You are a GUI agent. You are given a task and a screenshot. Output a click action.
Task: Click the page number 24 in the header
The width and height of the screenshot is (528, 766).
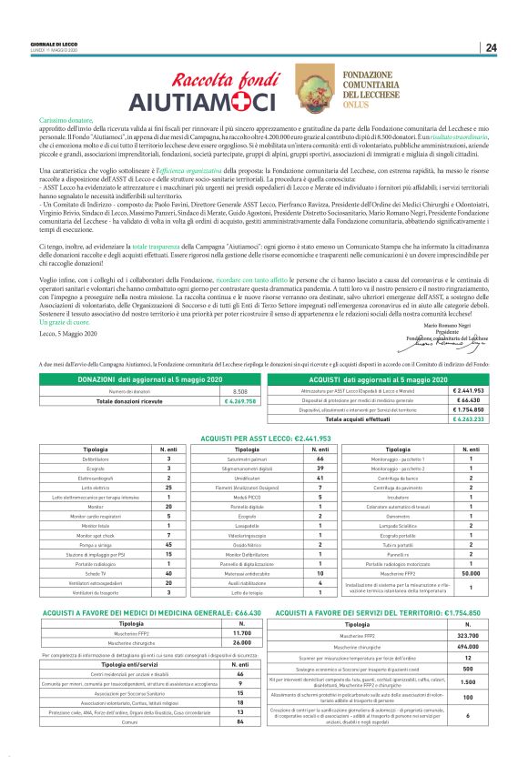pos(491,47)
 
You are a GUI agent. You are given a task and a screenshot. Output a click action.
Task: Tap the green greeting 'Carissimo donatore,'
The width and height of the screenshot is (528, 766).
pos(66,120)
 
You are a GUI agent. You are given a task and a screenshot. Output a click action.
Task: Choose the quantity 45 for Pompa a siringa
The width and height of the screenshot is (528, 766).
pos(169,519)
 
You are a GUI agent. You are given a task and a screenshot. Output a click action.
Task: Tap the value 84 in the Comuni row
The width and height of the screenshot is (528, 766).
pos(239,747)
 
